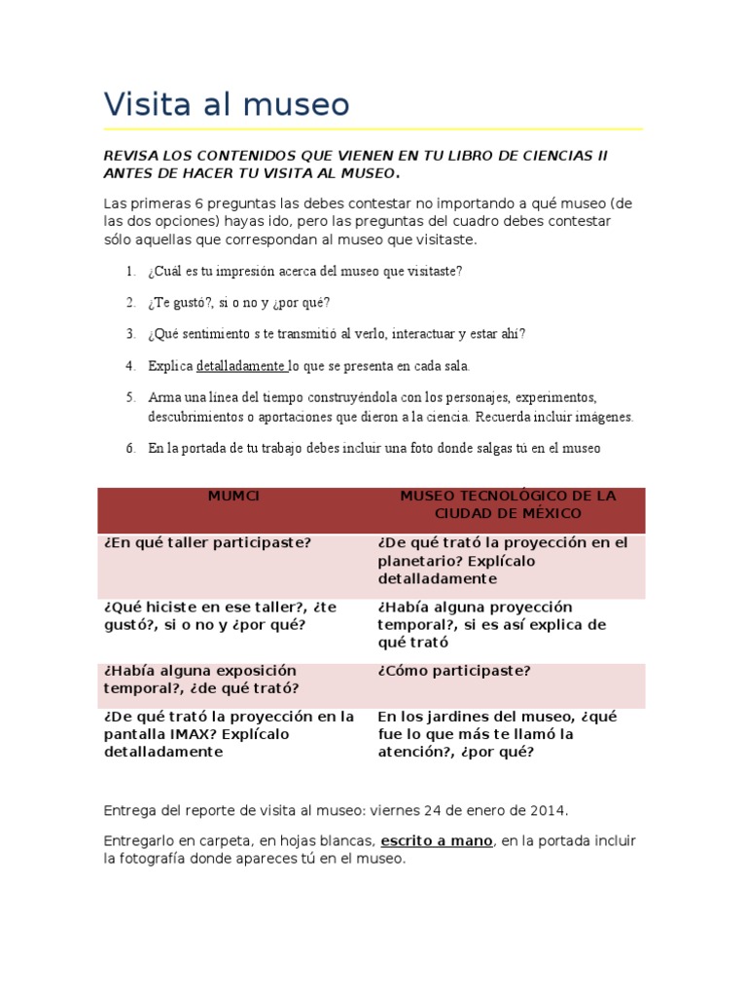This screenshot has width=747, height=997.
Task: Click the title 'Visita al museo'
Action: [x=226, y=104]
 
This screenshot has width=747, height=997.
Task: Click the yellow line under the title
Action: [x=373, y=129]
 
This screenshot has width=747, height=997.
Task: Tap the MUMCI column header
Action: [x=234, y=496]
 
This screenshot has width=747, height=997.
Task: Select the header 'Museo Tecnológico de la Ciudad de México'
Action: [x=508, y=504]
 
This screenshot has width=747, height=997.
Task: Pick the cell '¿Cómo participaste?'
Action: [x=454, y=671]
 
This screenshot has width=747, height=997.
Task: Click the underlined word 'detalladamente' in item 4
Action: [x=240, y=366]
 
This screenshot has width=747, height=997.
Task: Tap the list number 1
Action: [x=129, y=271]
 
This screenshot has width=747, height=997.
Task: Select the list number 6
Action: [x=129, y=448]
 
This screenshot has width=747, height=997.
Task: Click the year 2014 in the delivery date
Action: [x=549, y=810]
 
